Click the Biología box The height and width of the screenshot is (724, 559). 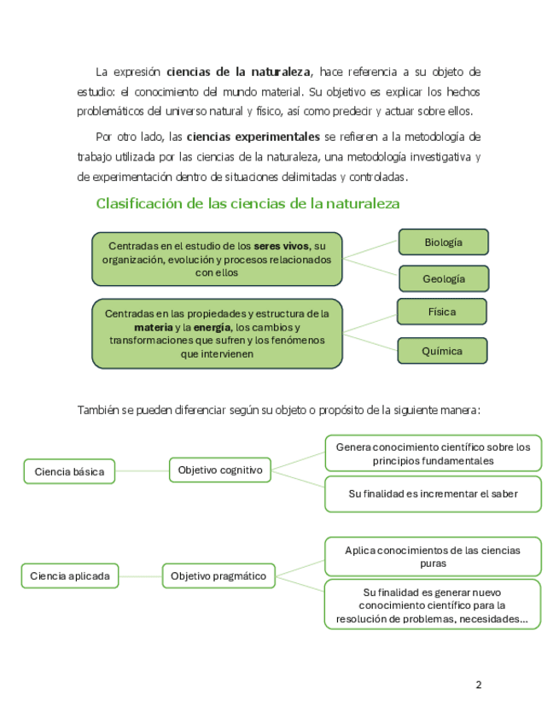(443, 242)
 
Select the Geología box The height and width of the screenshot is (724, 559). (443, 279)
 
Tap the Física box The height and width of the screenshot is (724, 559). (441, 312)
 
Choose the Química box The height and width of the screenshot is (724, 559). (441, 351)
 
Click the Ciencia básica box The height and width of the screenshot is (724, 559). (69, 471)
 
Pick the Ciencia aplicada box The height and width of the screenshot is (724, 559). (69, 576)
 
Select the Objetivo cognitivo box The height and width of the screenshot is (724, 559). (220, 470)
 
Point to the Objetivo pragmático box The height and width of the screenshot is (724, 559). (218, 576)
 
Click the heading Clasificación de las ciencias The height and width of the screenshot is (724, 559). (247, 204)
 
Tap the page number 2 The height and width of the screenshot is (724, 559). (478, 685)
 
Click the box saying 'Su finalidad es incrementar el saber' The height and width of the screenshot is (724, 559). (433, 493)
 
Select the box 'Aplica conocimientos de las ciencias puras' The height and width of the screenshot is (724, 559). (433, 557)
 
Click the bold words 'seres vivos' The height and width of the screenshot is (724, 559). (282, 246)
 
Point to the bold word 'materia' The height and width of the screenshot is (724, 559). (153, 327)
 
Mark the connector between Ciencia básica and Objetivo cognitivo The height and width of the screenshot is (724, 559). (142, 470)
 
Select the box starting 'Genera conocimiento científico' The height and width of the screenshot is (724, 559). (433, 453)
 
